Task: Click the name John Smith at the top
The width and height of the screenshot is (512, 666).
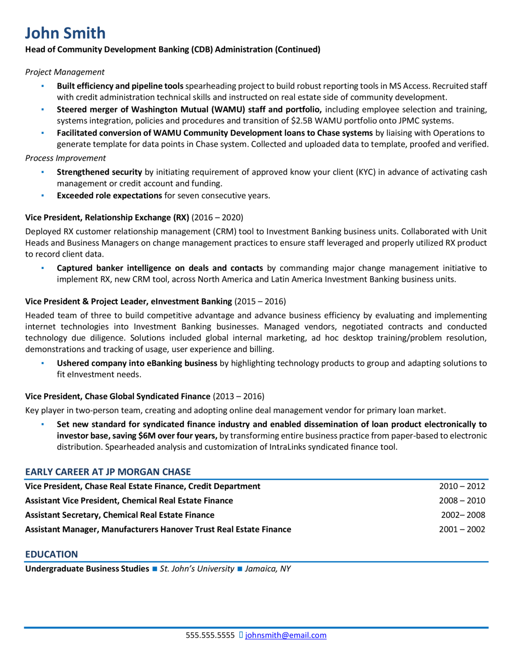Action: [x=65, y=33]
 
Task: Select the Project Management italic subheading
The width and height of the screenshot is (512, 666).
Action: [x=65, y=72]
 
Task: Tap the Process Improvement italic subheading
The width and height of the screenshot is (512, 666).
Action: [x=65, y=158]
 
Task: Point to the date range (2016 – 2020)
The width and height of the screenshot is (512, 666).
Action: [x=217, y=218]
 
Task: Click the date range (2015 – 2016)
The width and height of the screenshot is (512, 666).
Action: [x=260, y=301]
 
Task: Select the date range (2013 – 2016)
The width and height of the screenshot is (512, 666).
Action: [x=238, y=396]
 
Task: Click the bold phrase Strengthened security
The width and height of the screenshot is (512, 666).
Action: [x=99, y=172]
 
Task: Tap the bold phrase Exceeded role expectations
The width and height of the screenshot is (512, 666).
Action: [x=109, y=196]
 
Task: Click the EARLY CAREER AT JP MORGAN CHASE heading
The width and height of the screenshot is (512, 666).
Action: [x=108, y=472]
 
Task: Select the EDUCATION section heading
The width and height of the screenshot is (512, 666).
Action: [x=51, y=554]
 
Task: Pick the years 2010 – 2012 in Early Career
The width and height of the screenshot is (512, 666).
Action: [x=462, y=486]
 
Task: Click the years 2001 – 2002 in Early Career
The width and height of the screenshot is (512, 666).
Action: [x=462, y=529]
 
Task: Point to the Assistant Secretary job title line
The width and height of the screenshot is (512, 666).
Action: [x=120, y=515]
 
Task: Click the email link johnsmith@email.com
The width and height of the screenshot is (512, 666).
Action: [x=286, y=635]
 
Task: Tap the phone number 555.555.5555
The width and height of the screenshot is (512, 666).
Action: [x=210, y=635]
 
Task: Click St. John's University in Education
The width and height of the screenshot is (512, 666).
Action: [x=197, y=569]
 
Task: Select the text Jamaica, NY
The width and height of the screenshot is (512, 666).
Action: [x=268, y=569]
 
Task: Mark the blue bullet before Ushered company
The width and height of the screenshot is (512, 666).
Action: [x=43, y=363]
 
